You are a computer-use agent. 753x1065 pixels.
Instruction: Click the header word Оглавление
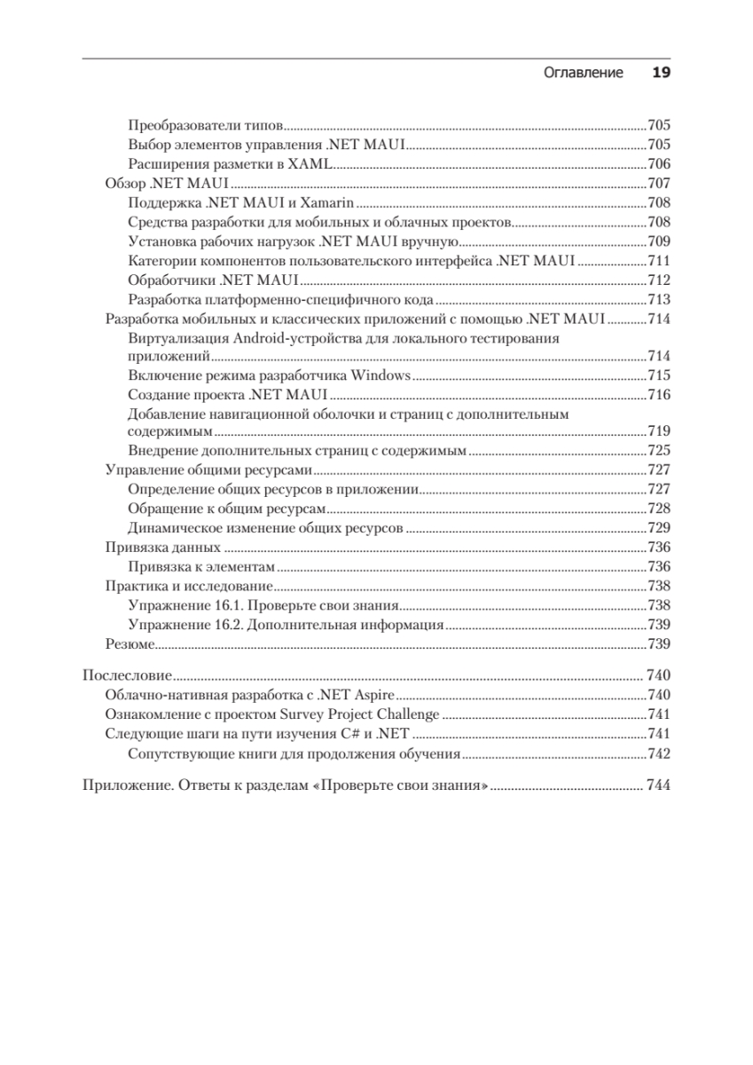pos(583,73)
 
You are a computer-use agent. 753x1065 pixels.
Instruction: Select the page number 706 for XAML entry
pos(658,164)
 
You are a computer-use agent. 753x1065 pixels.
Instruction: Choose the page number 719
pos(658,432)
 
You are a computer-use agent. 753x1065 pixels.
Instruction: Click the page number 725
pos(658,451)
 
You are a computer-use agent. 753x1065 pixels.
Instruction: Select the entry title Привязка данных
pos(162,547)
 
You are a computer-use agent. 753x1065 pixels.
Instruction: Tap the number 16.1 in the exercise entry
pos(226,605)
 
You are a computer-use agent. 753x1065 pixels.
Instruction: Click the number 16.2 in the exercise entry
pos(226,625)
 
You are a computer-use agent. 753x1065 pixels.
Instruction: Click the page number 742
pos(658,754)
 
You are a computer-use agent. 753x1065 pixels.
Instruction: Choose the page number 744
pos(658,785)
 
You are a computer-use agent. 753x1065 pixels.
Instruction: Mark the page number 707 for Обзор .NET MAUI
pos(658,184)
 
